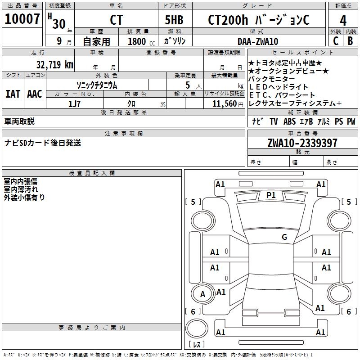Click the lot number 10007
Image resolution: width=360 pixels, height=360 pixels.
pos(22,18)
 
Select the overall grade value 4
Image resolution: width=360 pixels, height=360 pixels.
pos(343,20)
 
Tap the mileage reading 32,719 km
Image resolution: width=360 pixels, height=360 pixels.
pos(54,64)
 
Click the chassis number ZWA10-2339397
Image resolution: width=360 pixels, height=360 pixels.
pos(302,143)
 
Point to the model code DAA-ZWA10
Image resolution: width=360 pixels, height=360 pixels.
pos(257,41)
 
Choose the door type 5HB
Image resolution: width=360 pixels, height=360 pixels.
pos(174,20)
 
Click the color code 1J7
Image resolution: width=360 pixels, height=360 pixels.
pos(74,104)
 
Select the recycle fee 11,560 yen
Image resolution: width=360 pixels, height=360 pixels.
pos(228,104)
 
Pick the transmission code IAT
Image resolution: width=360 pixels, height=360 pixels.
pos(13,94)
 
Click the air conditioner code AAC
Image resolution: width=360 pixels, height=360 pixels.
pos(35,94)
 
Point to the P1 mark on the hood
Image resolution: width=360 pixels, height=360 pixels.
pos(271,195)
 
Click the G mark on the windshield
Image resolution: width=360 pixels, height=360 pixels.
pos(284,237)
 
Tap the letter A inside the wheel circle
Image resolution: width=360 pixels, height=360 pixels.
pos(202,294)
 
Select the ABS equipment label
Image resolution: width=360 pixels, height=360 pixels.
pos(289,121)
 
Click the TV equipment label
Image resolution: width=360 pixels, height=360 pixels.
pos(274,121)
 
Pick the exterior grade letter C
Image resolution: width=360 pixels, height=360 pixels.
pos(336,41)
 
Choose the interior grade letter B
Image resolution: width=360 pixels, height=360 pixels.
pos(350,41)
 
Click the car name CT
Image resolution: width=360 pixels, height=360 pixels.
pos(116,20)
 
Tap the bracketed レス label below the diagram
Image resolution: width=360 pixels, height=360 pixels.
pos(197,344)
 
